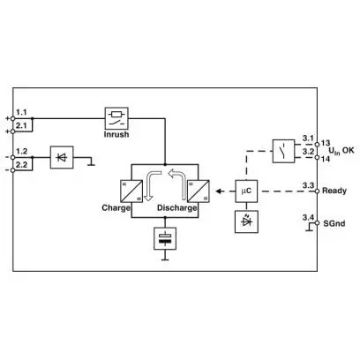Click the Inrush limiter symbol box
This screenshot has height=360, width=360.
pyautogui.click(x=116, y=118)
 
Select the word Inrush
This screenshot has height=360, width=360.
pyautogui.click(x=116, y=134)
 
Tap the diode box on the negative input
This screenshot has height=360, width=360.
pyautogui.click(x=62, y=157)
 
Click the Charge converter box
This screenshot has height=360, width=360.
pyautogui.click(x=131, y=191)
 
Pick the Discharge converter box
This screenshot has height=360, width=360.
pyautogui.click(x=199, y=191)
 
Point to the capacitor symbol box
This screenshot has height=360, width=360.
pyautogui.click(x=165, y=238)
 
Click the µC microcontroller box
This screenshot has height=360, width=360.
pyautogui.click(x=246, y=191)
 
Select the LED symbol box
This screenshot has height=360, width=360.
pyautogui.click(x=246, y=221)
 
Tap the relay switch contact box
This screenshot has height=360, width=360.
pyautogui.click(x=283, y=151)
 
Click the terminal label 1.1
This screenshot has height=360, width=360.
pyautogui.click(x=21, y=112)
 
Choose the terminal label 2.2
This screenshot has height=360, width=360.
pyautogui.click(x=21, y=165)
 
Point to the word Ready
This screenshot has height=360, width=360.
pyautogui.click(x=334, y=191)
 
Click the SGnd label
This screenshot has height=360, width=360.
pyautogui.click(x=334, y=223)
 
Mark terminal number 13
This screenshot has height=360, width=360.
pyautogui.click(x=326, y=143)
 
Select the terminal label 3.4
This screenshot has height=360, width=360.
pyautogui.click(x=308, y=217)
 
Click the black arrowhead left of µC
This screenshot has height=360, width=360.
pyautogui.click(x=219, y=191)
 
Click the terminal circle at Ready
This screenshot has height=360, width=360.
pyautogui.click(x=317, y=191)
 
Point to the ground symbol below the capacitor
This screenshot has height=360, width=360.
pyautogui.click(x=165, y=258)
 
